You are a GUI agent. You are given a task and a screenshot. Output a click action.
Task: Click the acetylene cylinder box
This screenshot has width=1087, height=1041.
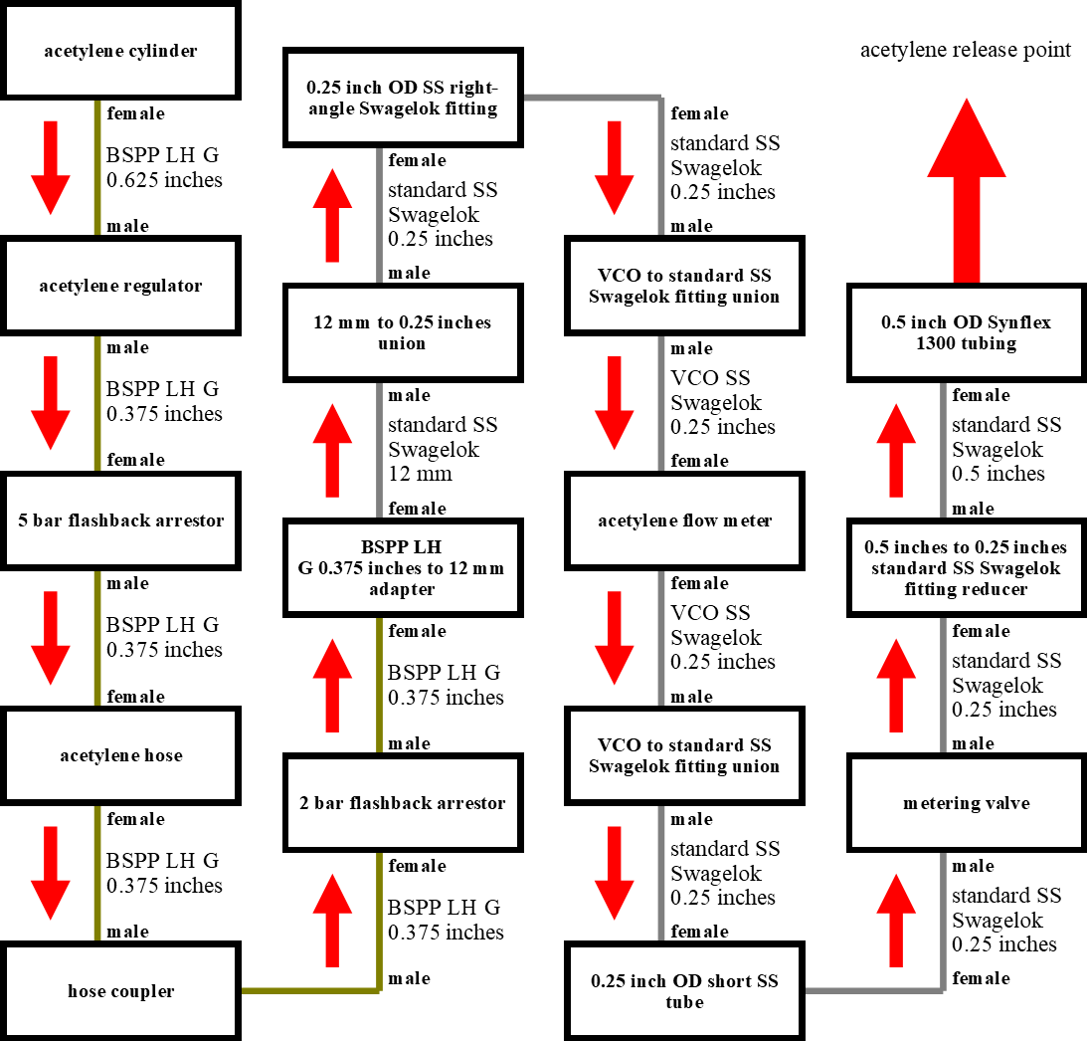pyautogui.click(x=120, y=51)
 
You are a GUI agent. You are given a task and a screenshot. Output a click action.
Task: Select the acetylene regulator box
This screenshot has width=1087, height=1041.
pyautogui.click(x=120, y=286)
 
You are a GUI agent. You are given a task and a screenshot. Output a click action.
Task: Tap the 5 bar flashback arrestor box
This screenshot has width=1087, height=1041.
pyautogui.click(x=120, y=520)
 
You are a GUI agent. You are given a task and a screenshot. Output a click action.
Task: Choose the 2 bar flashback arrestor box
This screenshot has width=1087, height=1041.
pyautogui.click(x=403, y=803)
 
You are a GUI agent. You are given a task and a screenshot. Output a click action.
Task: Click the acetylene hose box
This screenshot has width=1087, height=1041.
pyautogui.click(x=120, y=756)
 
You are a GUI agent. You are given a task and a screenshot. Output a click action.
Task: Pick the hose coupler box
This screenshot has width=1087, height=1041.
pyautogui.click(x=120, y=991)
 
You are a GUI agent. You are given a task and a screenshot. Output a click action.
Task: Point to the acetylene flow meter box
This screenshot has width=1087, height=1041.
pyautogui.click(x=684, y=520)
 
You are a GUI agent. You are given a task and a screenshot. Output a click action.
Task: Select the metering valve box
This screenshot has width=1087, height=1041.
pyautogui.click(x=967, y=803)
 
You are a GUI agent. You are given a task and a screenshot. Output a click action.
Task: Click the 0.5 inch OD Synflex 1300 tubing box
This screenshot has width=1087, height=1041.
pyautogui.click(x=967, y=332)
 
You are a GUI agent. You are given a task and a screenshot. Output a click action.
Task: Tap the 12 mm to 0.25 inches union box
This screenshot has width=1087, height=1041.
pyautogui.click(x=403, y=332)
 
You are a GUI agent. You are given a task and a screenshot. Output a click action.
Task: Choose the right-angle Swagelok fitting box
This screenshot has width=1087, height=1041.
pyautogui.click(x=403, y=98)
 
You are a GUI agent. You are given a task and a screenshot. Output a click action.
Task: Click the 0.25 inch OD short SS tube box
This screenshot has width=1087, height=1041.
pyautogui.click(x=684, y=991)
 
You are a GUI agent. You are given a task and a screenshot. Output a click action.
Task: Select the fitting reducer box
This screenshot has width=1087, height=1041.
pyautogui.click(x=967, y=568)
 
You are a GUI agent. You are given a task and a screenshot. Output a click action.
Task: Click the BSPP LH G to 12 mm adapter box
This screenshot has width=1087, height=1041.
pyautogui.click(x=403, y=568)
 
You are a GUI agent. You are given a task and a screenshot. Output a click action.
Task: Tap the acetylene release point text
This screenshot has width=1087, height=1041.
pyautogui.click(x=965, y=50)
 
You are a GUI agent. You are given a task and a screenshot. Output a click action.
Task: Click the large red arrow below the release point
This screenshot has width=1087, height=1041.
pyautogui.click(x=967, y=191)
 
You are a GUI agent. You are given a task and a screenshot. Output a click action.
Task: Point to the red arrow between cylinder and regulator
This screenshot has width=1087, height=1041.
pyautogui.click(x=51, y=168)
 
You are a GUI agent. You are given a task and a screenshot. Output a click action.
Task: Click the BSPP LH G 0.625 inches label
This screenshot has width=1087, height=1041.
pyautogui.click(x=164, y=167)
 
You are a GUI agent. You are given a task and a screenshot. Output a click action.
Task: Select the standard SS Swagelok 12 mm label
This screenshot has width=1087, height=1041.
pyautogui.click(x=443, y=449)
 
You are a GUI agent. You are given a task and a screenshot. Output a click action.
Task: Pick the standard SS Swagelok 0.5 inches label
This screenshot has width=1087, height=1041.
pyautogui.click(x=1005, y=449)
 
